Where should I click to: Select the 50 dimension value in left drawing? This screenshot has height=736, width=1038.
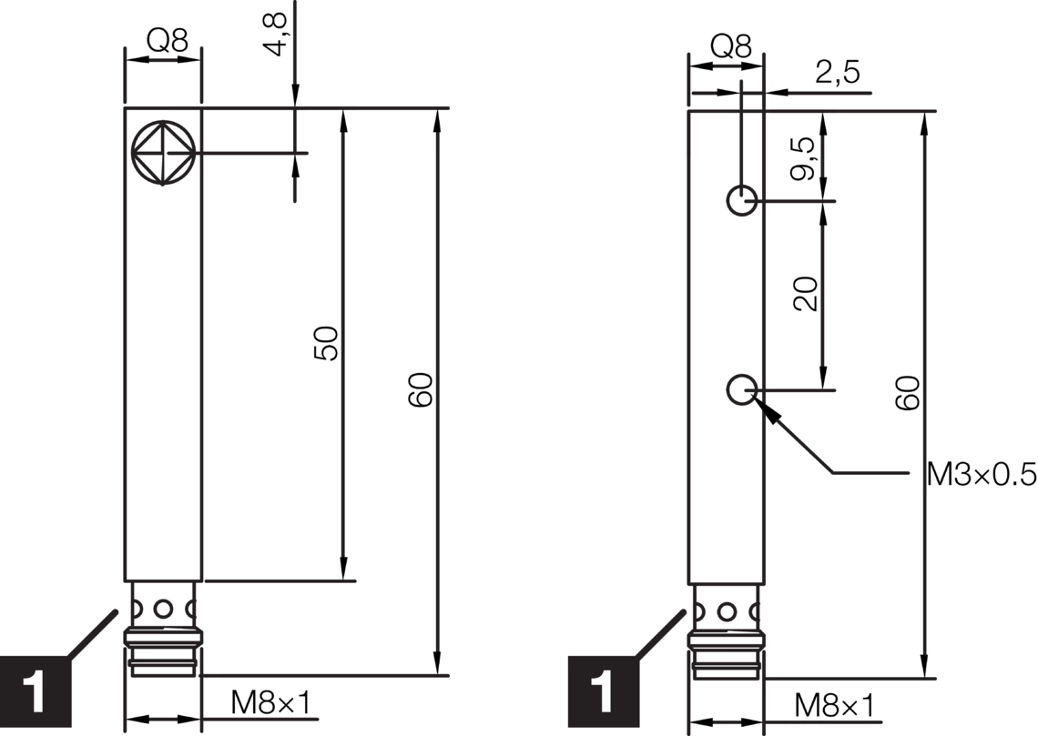(326, 343)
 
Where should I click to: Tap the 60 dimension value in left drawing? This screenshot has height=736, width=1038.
(420, 388)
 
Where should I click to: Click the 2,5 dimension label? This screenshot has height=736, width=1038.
(837, 73)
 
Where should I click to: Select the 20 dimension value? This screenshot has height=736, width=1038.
(806, 294)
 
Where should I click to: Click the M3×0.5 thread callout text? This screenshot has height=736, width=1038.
(982, 474)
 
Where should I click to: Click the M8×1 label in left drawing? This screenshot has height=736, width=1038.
(270, 702)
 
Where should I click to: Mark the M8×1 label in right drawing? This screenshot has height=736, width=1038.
(833, 705)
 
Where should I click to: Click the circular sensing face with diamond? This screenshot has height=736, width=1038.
(163, 152)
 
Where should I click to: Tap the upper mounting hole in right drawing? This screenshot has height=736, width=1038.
(742, 200)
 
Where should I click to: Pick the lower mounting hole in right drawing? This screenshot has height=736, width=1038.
(742, 390)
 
